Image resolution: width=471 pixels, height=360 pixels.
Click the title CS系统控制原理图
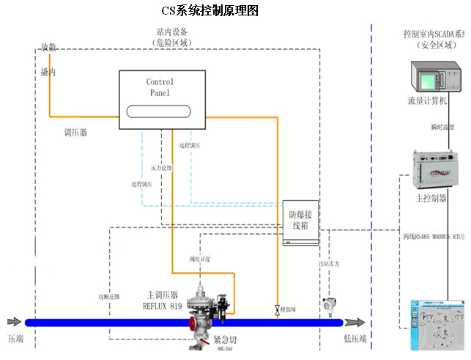click(x=209, y=11)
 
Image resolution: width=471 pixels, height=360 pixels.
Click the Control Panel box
click(x=160, y=100)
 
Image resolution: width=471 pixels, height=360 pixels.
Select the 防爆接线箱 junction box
click(x=301, y=222)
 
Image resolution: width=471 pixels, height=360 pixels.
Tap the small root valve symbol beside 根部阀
click(x=278, y=309)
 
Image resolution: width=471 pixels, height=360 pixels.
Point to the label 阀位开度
click(x=200, y=259)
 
